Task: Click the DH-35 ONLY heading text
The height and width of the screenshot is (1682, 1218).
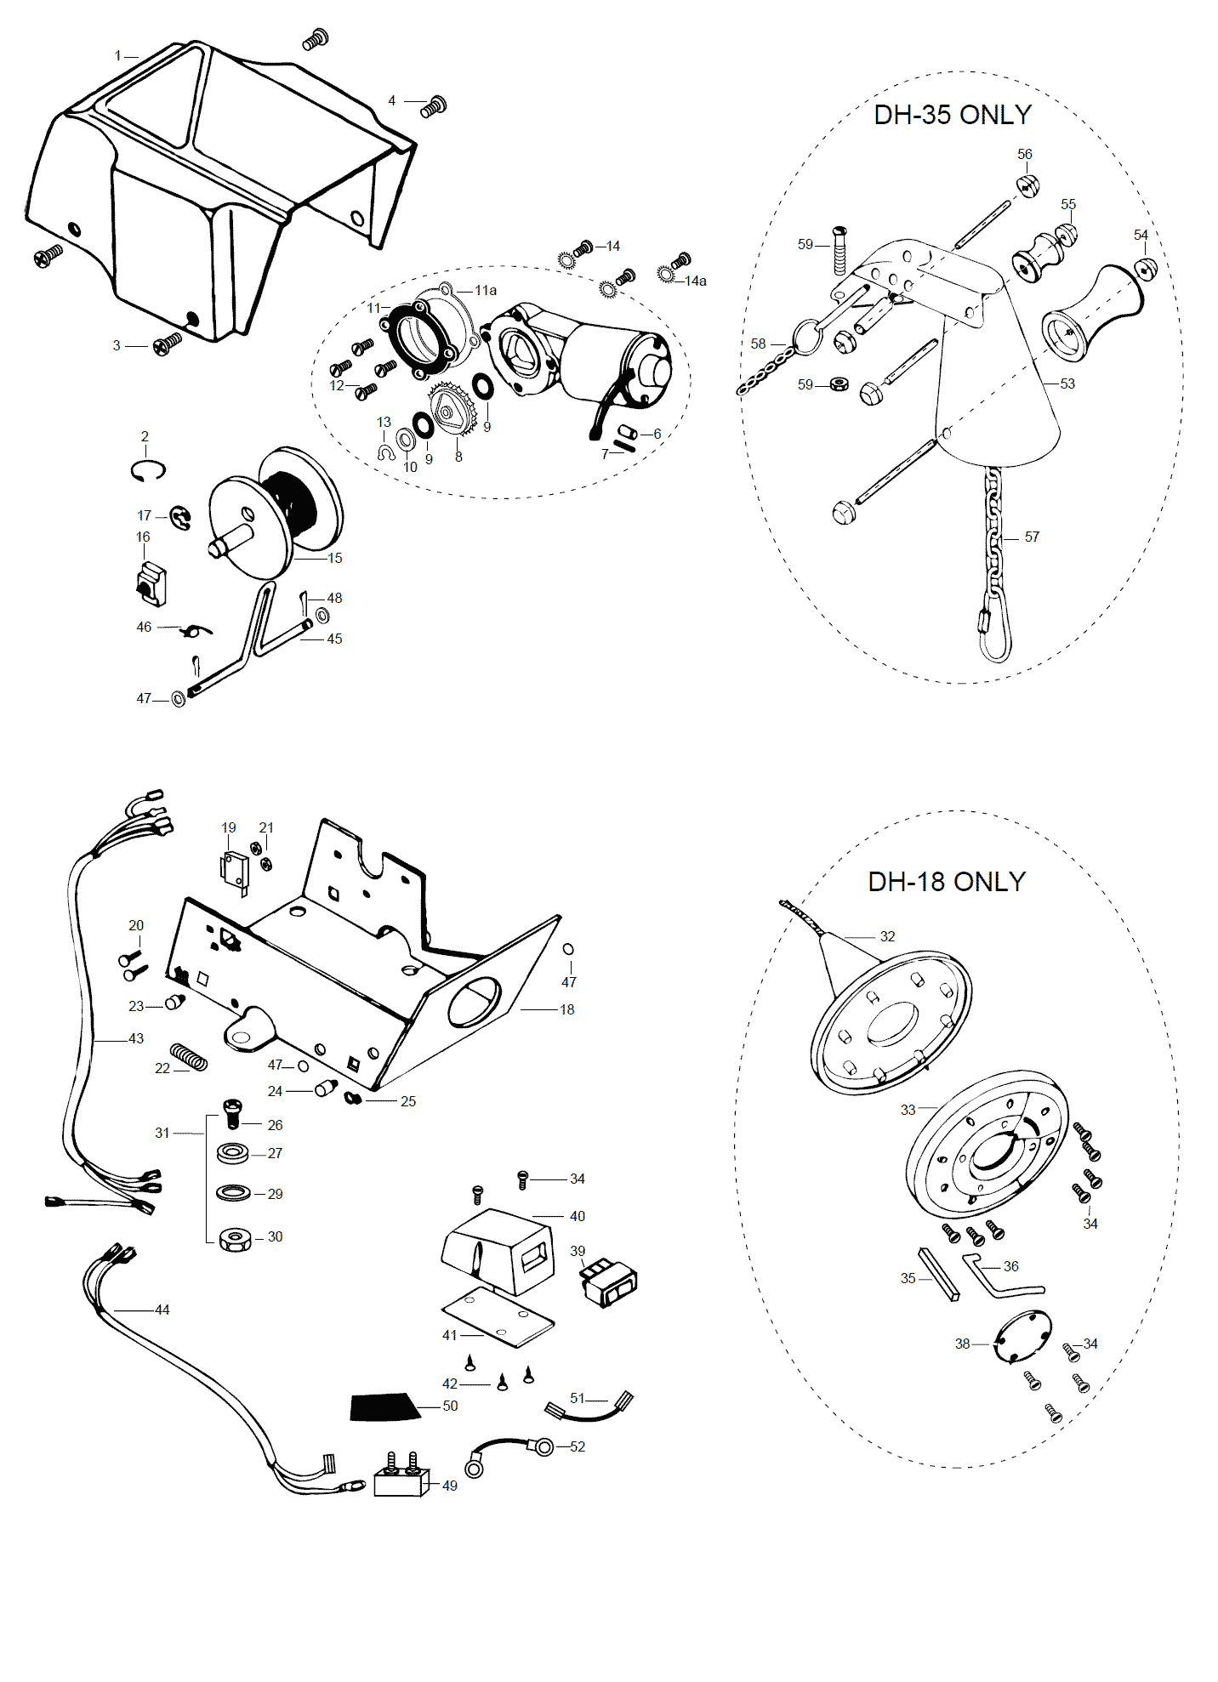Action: coord(952,115)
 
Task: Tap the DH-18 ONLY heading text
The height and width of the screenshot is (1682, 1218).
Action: coord(946,882)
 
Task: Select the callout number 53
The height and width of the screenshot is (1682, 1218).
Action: coord(1067,384)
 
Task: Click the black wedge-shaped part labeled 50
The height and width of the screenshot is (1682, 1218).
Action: coord(384,1407)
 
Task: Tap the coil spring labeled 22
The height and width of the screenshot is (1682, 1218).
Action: coord(189,1057)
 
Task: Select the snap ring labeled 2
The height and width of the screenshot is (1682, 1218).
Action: coord(148,469)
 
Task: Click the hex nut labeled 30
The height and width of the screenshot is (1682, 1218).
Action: coord(234,1239)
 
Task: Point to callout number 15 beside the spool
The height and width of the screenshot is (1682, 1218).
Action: coord(335,559)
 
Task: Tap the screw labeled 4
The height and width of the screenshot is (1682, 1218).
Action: coord(434,106)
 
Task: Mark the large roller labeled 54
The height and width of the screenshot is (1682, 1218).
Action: coord(1094,313)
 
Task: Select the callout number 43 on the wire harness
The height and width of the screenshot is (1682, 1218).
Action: coord(136,1038)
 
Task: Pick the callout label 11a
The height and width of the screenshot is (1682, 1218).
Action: coord(486,290)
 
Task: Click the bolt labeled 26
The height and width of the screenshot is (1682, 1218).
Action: coord(233,1111)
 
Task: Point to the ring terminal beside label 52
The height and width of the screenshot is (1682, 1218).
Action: coord(541,1446)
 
